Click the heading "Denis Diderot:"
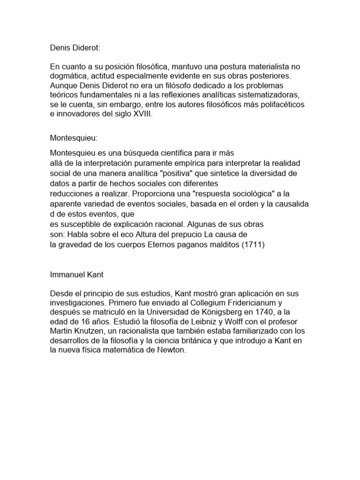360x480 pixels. (75, 48)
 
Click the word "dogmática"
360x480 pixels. (68, 76)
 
